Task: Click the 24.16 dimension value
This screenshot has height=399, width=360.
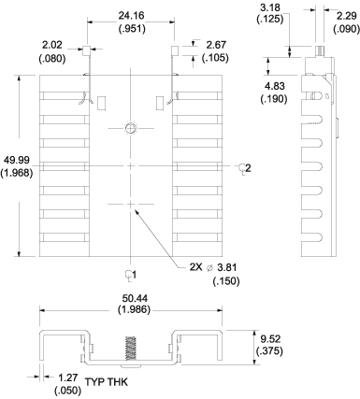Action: (x=130, y=15)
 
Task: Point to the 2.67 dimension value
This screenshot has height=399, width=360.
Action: (x=216, y=45)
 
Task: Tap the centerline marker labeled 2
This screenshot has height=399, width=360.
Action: (x=245, y=167)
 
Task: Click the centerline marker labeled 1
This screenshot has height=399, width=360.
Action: (x=130, y=275)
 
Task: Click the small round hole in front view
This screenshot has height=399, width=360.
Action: (x=130, y=127)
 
